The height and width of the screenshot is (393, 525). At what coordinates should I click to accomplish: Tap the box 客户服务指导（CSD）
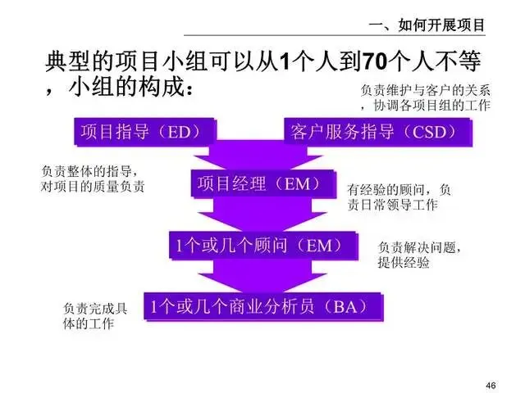coord(377,132)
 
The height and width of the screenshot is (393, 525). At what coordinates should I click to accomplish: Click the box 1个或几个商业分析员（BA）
coord(264,307)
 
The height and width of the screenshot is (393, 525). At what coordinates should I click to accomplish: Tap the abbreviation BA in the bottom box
coord(348,307)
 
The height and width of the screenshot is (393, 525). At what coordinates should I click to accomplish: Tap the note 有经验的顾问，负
coord(399,189)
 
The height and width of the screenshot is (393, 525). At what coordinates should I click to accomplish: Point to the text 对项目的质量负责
coord(94,187)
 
